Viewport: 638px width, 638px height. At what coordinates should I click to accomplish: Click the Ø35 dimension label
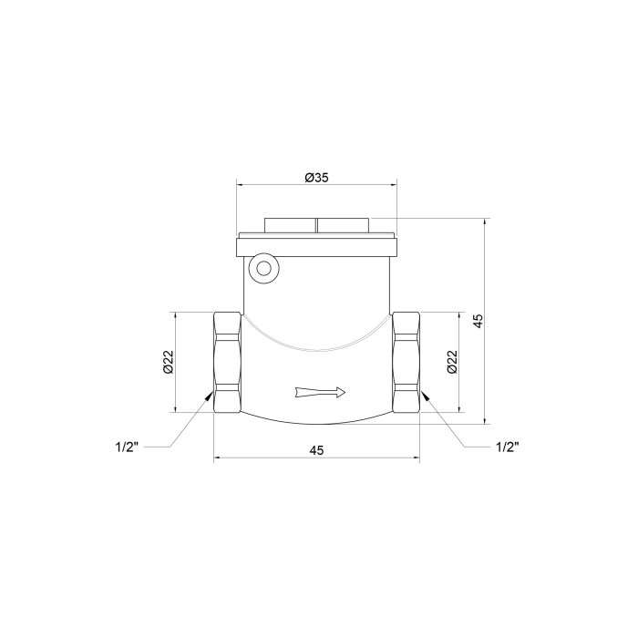pos(316,178)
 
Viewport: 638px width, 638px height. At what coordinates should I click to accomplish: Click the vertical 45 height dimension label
pos(478,321)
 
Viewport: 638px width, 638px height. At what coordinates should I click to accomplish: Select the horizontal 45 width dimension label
pos(316,450)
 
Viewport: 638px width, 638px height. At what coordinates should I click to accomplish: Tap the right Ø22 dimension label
pos(452,362)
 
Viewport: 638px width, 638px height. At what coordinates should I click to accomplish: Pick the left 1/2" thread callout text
pos(127,448)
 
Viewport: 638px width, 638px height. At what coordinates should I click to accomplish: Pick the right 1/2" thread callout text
pos(508,448)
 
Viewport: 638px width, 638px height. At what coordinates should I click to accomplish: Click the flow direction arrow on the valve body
pos(320,392)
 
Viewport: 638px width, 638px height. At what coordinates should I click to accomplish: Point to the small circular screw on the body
pos(264,269)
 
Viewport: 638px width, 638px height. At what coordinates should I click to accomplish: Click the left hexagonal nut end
pos(227,362)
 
